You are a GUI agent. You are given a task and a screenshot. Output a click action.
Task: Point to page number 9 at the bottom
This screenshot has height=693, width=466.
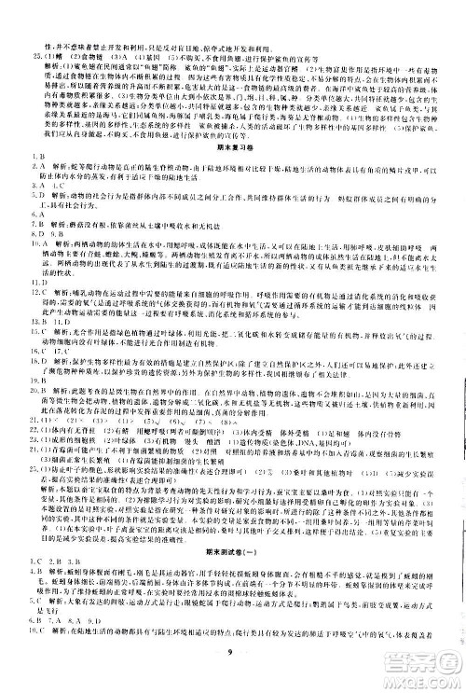pyautogui.click(x=232, y=662)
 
